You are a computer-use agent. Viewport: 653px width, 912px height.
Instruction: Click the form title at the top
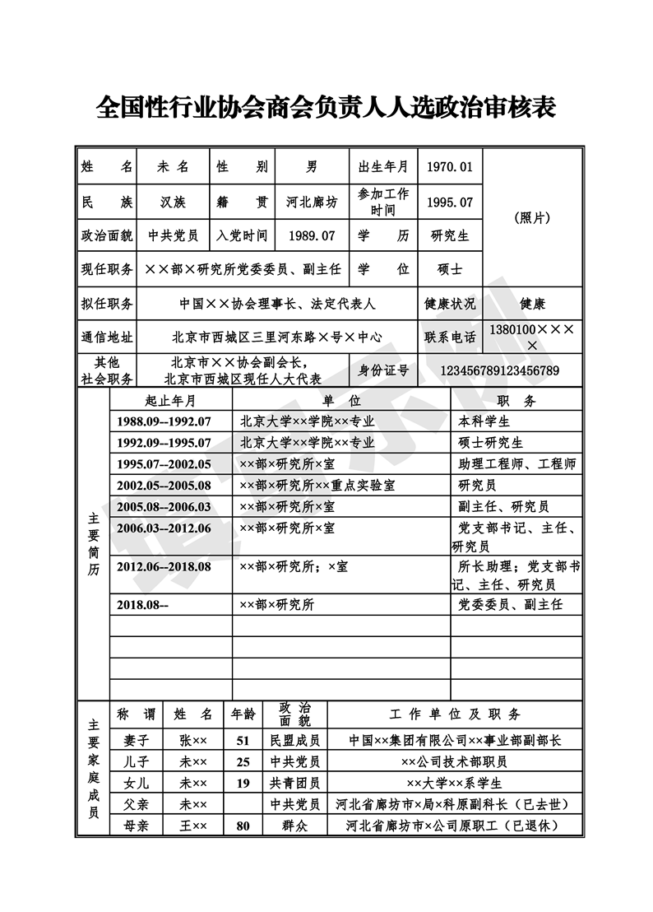[x=326, y=107]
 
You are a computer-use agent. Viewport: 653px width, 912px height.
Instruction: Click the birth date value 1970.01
[x=450, y=167]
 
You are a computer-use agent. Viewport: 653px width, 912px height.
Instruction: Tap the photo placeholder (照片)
[x=532, y=218]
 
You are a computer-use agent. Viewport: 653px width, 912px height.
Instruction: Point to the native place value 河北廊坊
[x=311, y=201]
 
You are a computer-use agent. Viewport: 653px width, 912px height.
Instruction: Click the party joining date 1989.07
[x=312, y=235]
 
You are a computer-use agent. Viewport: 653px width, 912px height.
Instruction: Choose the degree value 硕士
[x=450, y=269]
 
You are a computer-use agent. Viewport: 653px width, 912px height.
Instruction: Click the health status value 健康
[x=532, y=303]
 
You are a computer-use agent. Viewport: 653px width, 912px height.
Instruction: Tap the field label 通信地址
[x=107, y=337]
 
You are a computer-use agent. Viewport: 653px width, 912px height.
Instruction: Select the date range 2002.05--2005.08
[x=164, y=486]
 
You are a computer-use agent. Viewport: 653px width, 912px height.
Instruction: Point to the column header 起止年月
[x=170, y=401]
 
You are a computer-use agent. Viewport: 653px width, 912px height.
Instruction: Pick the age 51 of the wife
[x=243, y=740]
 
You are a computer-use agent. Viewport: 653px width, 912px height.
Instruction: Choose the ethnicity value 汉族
[x=173, y=201]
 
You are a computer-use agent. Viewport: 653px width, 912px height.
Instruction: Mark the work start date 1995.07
[x=450, y=201]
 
